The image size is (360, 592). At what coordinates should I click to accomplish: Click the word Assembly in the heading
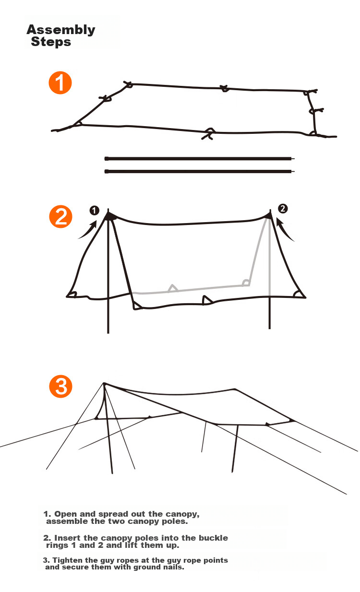pyautogui.click(x=61, y=30)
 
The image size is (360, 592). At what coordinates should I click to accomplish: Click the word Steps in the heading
pyautogui.click(x=51, y=42)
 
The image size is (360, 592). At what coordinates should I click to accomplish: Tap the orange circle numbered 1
pyautogui.click(x=60, y=83)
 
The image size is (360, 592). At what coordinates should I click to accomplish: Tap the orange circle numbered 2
pyautogui.click(x=61, y=216)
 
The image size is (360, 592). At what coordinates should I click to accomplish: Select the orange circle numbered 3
pyautogui.click(x=61, y=386)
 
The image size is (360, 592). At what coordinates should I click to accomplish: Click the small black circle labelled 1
pyautogui.click(x=94, y=211)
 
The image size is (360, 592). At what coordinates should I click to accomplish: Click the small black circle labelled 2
pyautogui.click(x=283, y=209)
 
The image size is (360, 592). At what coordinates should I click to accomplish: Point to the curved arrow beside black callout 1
pyautogui.click(x=89, y=231)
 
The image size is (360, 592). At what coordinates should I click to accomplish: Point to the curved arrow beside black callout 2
pyautogui.click(x=284, y=230)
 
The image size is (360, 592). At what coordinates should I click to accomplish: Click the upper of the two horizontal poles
pyautogui.click(x=200, y=159)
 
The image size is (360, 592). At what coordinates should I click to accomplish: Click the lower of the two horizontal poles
pyautogui.click(x=200, y=172)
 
